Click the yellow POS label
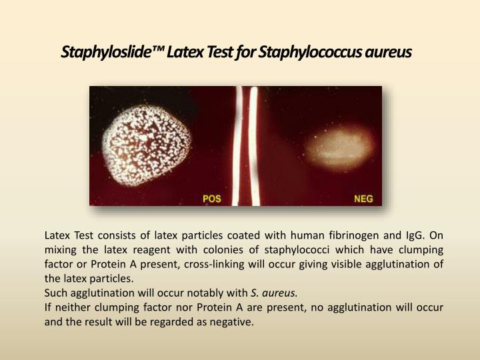(x=213, y=198)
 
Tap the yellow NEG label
(x=363, y=198)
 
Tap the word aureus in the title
(x=389, y=51)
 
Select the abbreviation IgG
(x=417, y=235)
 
